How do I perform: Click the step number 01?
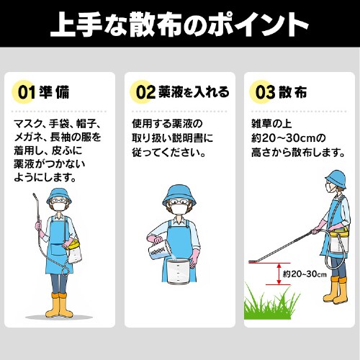27,92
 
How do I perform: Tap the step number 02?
145,92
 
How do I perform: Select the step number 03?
265,92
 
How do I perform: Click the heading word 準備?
54,92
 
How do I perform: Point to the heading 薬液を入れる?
194,92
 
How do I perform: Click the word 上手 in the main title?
76,24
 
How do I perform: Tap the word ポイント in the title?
258,24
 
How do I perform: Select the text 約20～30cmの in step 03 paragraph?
289,138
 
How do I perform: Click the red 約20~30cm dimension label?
305,274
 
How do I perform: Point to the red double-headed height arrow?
279,274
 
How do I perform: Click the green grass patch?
271,303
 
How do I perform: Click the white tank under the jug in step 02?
179,271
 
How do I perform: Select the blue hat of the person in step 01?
59,196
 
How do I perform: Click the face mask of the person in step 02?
179,208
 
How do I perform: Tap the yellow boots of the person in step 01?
59,305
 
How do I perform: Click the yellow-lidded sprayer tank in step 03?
339,242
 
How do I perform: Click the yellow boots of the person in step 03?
336,291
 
